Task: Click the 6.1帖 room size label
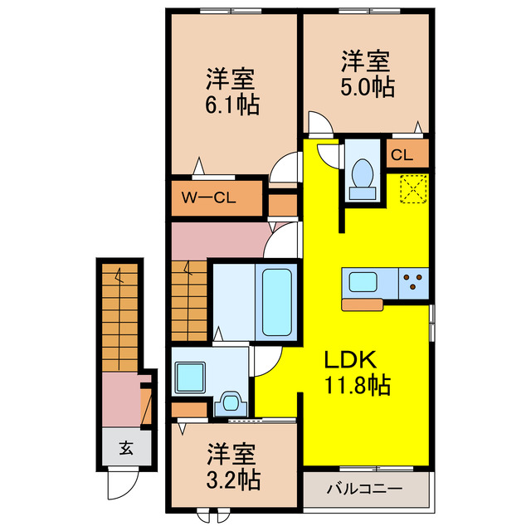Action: pos(232,105)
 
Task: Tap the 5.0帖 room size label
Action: pos(366,86)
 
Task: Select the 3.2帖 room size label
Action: pos(232,479)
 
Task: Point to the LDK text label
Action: pos(351,360)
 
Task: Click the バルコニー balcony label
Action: pos(368,489)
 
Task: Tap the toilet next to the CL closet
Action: pos(362,177)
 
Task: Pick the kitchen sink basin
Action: pos(363,282)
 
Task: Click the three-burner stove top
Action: pos(412,282)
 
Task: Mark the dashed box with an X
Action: pos(412,189)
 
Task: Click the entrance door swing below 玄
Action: pos(122,485)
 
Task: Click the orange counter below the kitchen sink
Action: pos(363,304)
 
